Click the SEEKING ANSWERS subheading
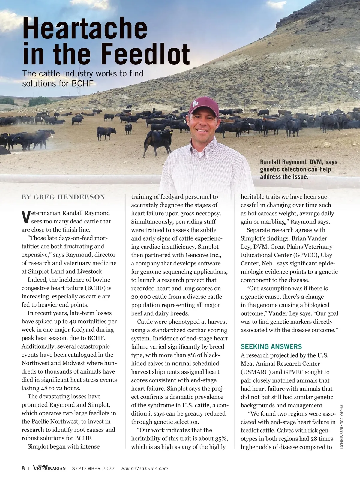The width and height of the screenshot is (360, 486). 271,347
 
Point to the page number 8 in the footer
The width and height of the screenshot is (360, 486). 23,468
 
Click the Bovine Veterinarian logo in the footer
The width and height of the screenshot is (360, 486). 49,468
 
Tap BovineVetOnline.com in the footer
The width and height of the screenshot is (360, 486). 144,469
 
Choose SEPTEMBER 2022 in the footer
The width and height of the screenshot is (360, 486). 93,469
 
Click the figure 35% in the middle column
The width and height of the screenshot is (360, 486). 221,438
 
